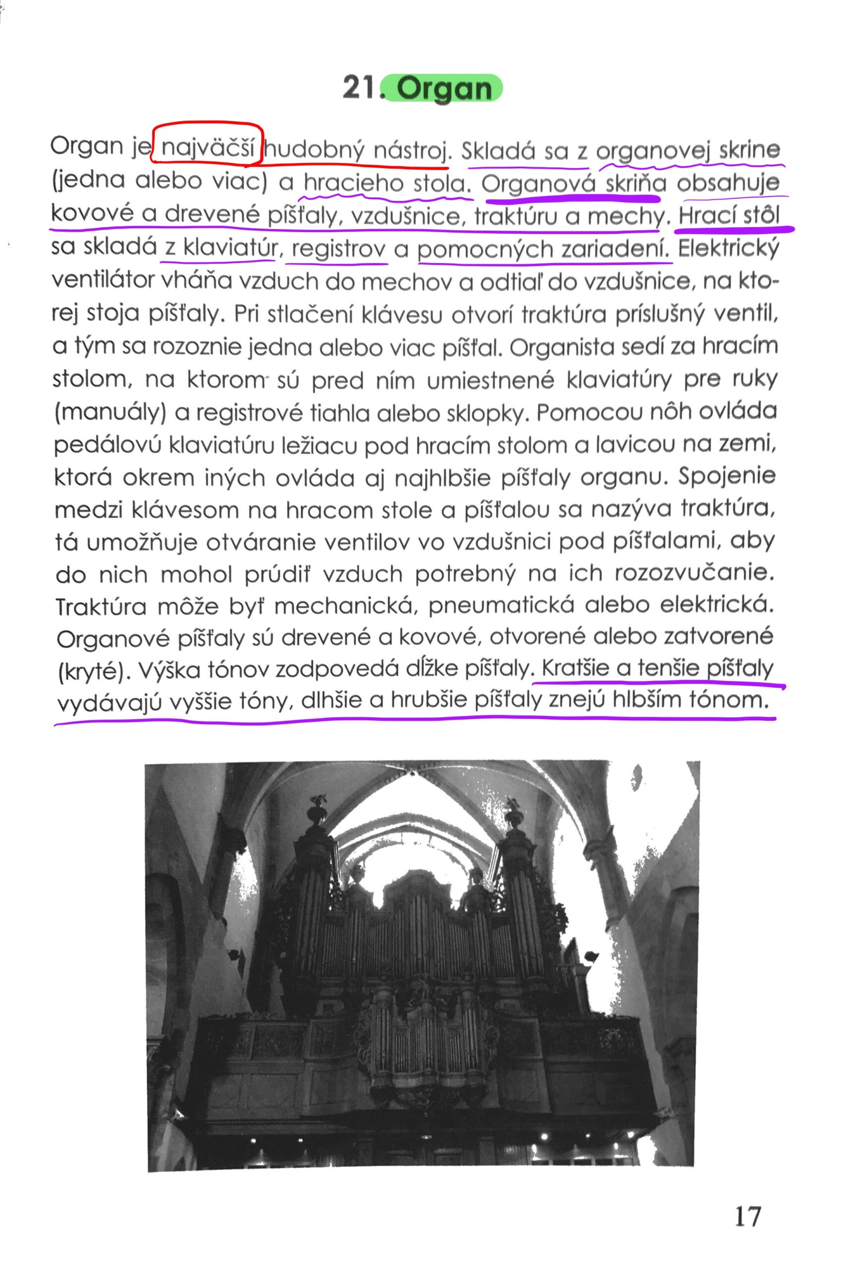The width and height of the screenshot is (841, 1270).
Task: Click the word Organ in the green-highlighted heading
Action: (445, 88)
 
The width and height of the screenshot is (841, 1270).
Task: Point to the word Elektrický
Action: (728, 248)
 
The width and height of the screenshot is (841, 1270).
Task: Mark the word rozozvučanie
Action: (695, 573)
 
